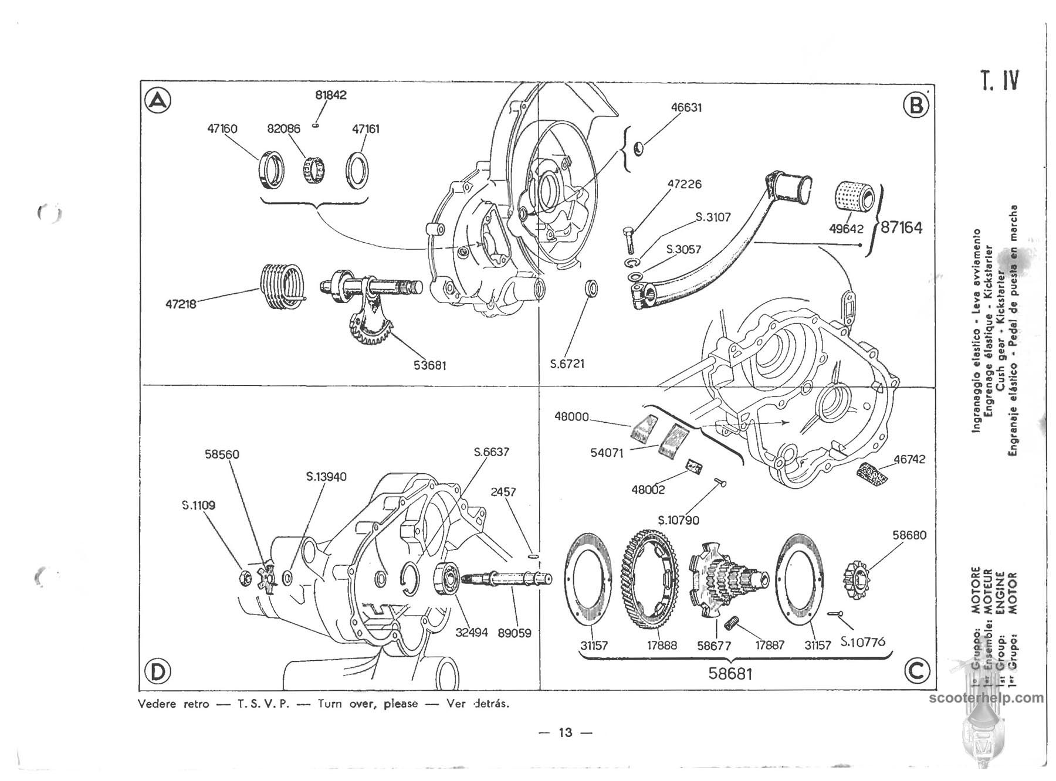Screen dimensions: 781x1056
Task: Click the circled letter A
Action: [x=157, y=101]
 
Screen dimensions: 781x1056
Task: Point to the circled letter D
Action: [x=157, y=671]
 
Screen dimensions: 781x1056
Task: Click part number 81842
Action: [x=331, y=95]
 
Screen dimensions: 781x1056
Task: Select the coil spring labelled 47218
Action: [x=282, y=286]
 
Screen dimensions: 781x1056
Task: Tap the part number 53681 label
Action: [x=429, y=365]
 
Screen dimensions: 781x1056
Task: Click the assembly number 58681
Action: [x=730, y=674]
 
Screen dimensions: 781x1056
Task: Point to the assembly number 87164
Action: [x=901, y=227]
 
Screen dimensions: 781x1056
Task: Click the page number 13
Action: [x=565, y=732]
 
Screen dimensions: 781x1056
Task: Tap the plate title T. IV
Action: [x=999, y=80]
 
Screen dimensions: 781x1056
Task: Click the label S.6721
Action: [x=567, y=364]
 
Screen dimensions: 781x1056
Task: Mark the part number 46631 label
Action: [x=686, y=108]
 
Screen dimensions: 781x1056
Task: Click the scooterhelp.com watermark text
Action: [x=987, y=698]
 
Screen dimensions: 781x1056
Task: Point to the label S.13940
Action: [x=326, y=477]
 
